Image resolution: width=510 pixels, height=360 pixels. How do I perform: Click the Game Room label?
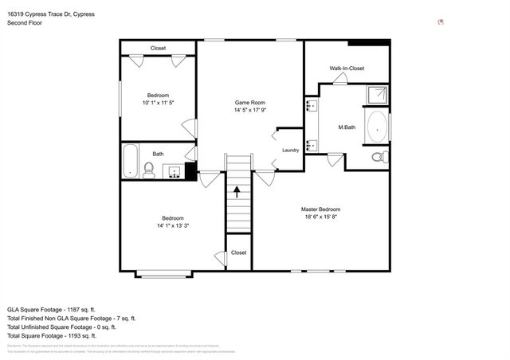click(249, 103)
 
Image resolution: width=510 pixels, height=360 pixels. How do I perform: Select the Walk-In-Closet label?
click(347, 68)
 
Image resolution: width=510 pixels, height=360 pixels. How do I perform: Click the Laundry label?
click(290, 150)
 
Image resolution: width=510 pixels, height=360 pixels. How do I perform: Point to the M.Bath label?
click(347, 127)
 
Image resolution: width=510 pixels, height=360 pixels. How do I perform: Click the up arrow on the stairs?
click(237, 192)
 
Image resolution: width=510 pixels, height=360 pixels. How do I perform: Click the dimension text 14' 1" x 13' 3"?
click(173, 225)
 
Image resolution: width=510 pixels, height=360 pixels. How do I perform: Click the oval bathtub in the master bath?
click(377, 127)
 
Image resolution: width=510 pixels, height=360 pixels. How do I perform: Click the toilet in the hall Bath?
click(148, 169)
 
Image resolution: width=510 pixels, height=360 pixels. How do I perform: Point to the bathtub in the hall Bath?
click(129, 162)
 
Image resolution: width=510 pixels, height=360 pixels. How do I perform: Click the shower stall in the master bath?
click(377, 96)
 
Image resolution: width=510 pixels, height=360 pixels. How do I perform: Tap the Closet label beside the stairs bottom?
click(238, 252)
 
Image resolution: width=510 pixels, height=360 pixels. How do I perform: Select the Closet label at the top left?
click(158, 49)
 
